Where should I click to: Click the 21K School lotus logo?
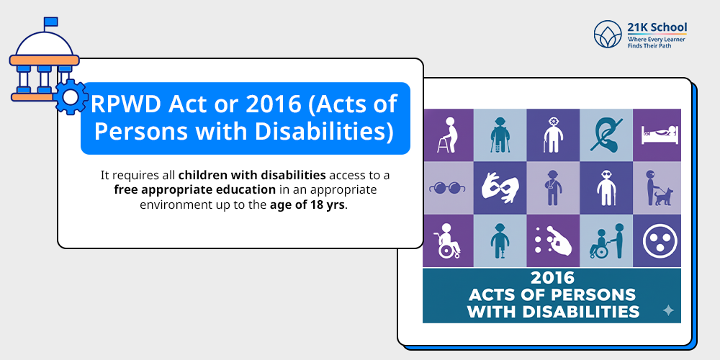608,34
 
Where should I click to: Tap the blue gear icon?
71,97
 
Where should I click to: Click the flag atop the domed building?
50,22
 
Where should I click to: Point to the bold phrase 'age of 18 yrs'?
307,204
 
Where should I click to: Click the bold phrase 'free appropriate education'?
195,189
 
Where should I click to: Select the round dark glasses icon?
447,188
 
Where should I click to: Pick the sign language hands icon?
500,187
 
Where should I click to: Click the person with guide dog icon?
659,188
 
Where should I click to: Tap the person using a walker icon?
448,135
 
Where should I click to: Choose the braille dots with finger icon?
553,240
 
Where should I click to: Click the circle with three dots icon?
660,240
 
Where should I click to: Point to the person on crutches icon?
500,135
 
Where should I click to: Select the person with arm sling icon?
553,188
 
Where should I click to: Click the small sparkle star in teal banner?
669,311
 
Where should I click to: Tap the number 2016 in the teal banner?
552,277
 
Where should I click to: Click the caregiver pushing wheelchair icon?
607,240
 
